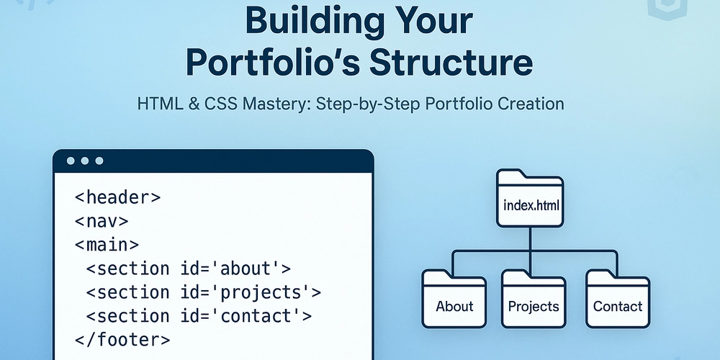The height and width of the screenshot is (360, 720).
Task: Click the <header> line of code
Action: tap(118, 197)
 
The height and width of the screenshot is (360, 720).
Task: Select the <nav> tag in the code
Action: tap(102, 221)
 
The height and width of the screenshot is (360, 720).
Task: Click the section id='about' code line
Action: tap(188, 269)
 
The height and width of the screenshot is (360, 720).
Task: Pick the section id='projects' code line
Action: tap(203, 292)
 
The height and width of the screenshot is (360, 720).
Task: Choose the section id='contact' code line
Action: tap(199, 315)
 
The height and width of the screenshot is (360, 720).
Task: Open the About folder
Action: tap(454, 298)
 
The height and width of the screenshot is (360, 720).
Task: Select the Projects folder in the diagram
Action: tap(534, 298)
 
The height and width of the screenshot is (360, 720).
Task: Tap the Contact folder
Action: tap(617, 298)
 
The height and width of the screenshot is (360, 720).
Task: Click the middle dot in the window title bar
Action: tap(85, 161)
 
